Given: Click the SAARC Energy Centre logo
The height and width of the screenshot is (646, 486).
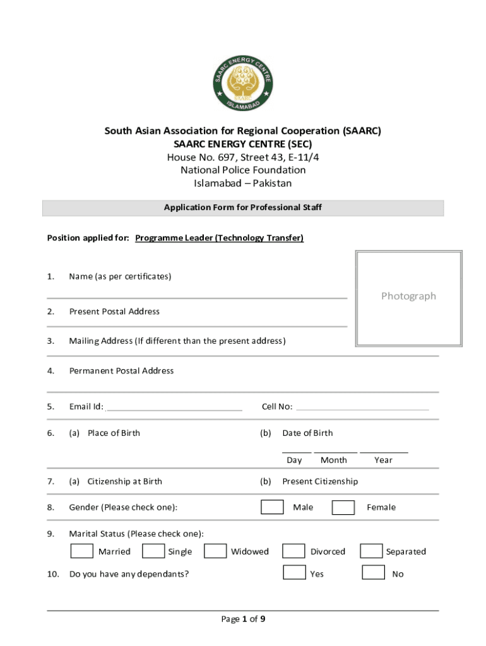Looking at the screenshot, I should [243, 83].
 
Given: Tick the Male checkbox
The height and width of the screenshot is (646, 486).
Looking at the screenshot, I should [272, 507].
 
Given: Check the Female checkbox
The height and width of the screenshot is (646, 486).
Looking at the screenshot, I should [343, 507].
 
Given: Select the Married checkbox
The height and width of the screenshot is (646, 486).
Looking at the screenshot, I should [81, 551].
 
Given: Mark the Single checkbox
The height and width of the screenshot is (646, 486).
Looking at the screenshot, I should [153, 551].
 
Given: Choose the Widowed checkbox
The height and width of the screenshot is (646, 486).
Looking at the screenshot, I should [215, 551].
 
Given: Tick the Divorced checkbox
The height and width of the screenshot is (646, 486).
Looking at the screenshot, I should [293, 551].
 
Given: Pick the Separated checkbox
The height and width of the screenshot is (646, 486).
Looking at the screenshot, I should [371, 551].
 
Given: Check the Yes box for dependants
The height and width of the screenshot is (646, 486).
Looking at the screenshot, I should [294, 573].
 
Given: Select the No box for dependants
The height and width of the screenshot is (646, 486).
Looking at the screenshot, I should [373, 573].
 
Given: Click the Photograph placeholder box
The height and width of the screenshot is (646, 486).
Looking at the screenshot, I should [408, 297].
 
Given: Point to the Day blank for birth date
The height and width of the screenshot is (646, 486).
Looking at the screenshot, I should [296, 450].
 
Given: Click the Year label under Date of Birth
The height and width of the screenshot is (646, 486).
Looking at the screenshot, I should [383, 460].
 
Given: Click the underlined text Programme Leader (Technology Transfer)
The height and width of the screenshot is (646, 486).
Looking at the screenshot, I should [219, 238].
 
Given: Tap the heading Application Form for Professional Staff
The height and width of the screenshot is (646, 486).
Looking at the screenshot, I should [243, 208].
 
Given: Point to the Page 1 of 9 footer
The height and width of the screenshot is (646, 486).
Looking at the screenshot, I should [243, 619].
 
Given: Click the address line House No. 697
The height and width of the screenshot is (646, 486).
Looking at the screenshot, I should [243, 157].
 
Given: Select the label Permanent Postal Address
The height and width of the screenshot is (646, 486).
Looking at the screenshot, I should [121, 371].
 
